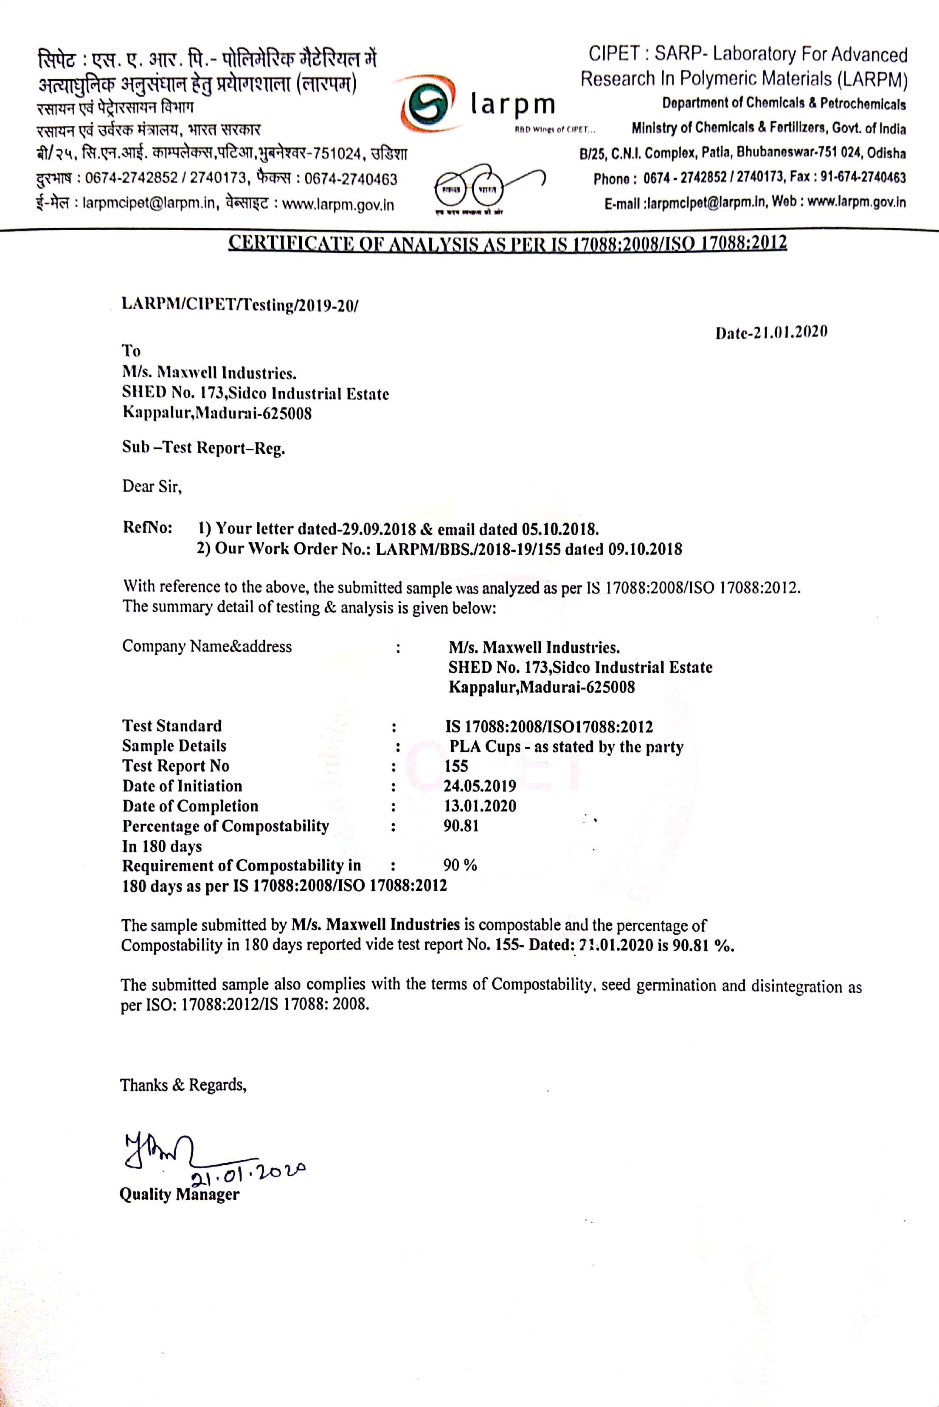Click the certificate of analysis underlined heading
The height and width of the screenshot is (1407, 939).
tap(507, 243)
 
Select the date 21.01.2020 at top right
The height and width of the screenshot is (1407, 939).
tap(771, 332)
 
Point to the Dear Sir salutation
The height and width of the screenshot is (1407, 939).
tap(152, 486)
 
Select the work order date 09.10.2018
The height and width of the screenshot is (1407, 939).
tap(645, 549)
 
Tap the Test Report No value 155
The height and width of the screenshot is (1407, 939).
tap(456, 766)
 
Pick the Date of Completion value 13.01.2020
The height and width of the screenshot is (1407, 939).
tap(480, 806)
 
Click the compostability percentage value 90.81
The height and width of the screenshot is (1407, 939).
tap(461, 826)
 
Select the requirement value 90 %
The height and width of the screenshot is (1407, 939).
tap(460, 865)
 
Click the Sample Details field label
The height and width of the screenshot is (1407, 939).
tap(174, 746)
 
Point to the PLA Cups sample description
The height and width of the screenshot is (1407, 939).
tap(566, 747)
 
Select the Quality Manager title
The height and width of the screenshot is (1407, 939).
tap(179, 1194)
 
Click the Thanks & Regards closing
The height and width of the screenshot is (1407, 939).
tap(183, 1085)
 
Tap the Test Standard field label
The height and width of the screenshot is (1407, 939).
tap(172, 726)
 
